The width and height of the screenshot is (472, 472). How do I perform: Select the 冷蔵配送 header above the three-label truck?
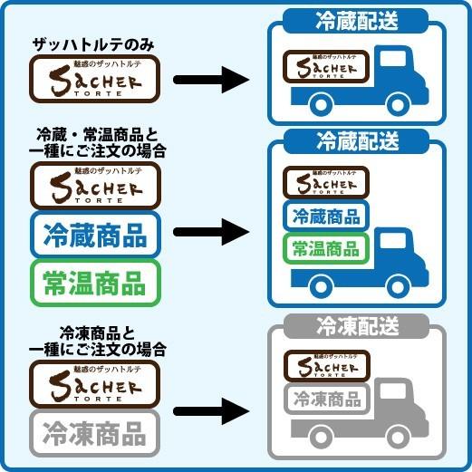coord(357,141)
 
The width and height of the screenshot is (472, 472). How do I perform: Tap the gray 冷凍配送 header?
coord(357,326)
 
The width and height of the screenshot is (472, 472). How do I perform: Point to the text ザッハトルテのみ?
coord(94,44)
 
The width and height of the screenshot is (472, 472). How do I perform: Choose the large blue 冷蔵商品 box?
coord(94,236)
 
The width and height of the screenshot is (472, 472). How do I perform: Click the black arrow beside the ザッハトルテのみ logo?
coord(210,80)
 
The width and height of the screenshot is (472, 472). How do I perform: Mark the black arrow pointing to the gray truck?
coord(210,412)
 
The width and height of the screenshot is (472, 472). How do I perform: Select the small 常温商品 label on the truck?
coord(324,248)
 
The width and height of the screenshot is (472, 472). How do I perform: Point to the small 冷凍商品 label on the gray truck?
coord(324,399)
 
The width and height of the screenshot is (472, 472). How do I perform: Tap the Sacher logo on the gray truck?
coord(326,365)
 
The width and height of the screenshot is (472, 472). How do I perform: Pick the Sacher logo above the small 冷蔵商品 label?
coord(324,183)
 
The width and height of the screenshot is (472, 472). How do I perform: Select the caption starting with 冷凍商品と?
coord(96,341)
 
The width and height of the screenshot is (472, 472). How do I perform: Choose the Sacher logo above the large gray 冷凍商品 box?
coord(94,383)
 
